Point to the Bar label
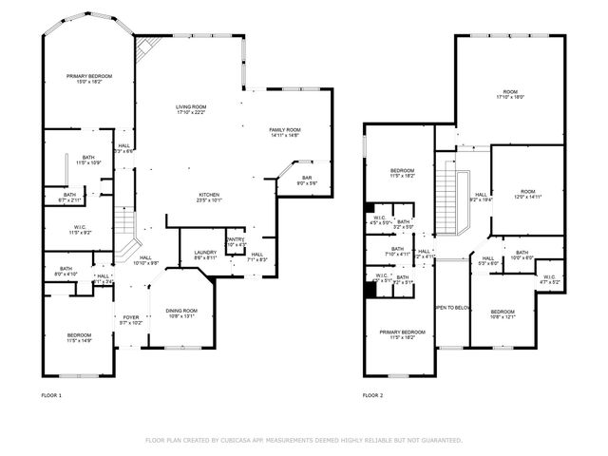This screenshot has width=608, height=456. coord(307,180)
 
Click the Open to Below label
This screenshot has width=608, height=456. coord(452,308)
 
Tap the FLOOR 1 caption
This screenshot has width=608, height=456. coord(51,394)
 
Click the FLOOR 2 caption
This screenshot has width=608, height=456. coord(372,394)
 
